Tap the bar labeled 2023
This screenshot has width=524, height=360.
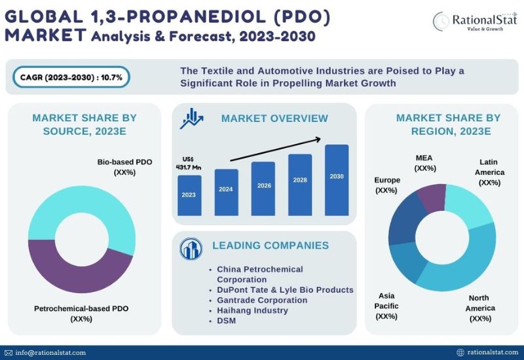(x=189, y=194)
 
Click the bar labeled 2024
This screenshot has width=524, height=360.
(x=226, y=191)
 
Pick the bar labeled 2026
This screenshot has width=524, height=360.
(x=263, y=188)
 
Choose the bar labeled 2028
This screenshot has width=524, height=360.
(x=300, y=184)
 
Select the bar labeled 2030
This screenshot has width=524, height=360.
(x=337, y=179)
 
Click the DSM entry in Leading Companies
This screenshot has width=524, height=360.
(x=227, y=320)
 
